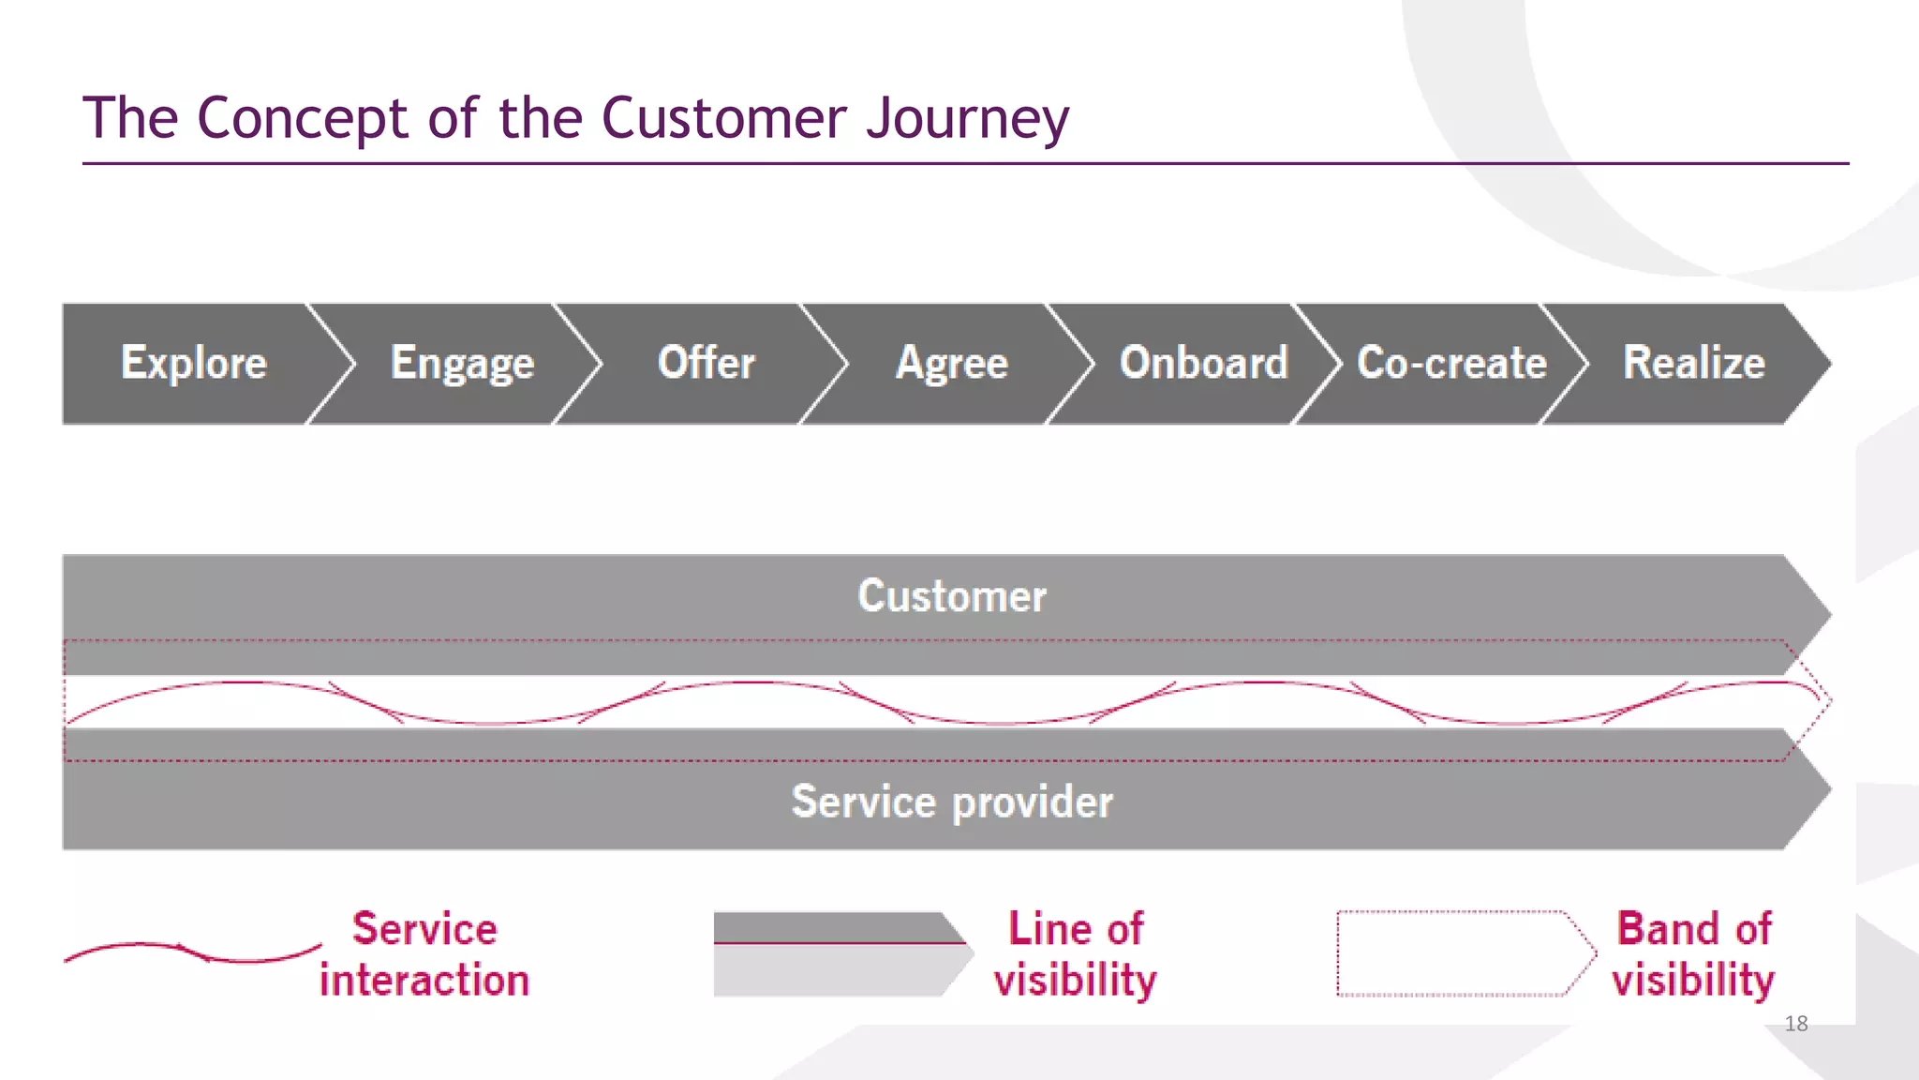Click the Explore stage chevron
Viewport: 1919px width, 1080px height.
194,363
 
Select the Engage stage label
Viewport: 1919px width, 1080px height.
462,363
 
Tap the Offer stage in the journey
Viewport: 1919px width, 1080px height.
707,363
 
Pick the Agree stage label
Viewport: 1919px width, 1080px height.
952,363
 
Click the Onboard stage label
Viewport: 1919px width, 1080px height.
1204,363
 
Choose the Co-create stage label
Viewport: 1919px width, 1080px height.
1451,363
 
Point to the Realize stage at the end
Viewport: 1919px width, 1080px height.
1694,363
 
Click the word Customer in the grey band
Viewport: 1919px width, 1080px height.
952,596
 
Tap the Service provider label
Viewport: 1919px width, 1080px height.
952,802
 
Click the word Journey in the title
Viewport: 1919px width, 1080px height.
967,119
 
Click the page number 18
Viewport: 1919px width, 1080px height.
1796,1024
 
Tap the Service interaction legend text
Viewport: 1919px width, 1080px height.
424,954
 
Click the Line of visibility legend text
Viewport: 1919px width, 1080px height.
1076,954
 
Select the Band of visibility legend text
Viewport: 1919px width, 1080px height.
1693,954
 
